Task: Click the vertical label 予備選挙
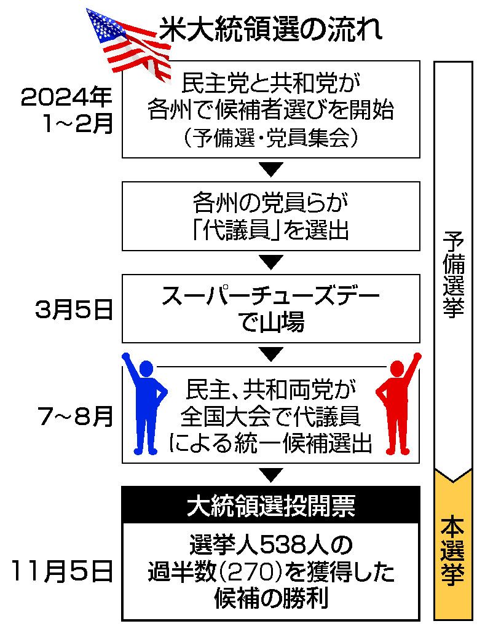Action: tap(454, 275)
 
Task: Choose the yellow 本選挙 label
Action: tap(454, 550)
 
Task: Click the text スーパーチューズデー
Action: tap(270, 299)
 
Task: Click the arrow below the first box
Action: tap(270, 167)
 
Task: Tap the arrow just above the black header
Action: tap(270, 474)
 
